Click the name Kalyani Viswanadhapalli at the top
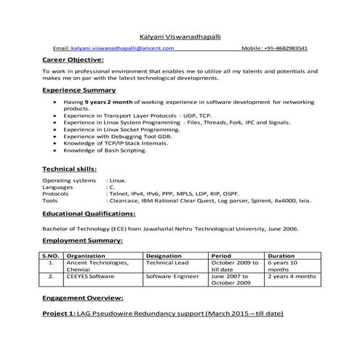tap(180, 35)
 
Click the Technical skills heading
tap(70, 168)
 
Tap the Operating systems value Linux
tap(118, 180)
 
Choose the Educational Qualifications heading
tap(89, 214)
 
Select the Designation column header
tap(164, 256)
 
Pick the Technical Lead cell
tap(167, 263)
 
